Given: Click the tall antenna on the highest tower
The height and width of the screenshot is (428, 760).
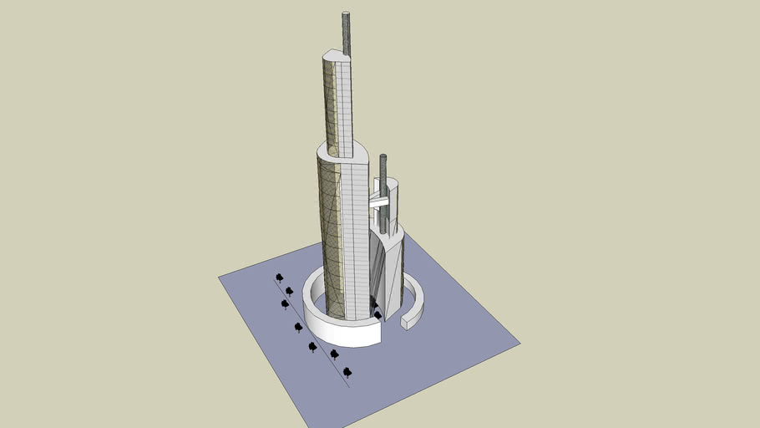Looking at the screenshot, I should [347, 33].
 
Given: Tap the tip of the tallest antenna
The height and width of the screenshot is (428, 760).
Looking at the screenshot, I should [347, 13].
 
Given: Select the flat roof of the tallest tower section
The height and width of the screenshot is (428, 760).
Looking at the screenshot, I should [335, 55].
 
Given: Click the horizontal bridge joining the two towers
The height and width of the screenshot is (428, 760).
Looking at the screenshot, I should [378, 201].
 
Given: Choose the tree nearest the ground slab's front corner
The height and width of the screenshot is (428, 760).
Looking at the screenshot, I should [347, 371].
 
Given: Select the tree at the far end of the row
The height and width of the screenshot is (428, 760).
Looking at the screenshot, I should [279, 277].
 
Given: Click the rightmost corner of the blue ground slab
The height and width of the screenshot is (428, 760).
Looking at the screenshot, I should [519, 342].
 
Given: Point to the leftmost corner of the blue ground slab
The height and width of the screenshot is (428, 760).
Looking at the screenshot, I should [220, 278].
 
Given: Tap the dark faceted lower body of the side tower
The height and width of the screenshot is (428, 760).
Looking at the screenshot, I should [387, 267].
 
